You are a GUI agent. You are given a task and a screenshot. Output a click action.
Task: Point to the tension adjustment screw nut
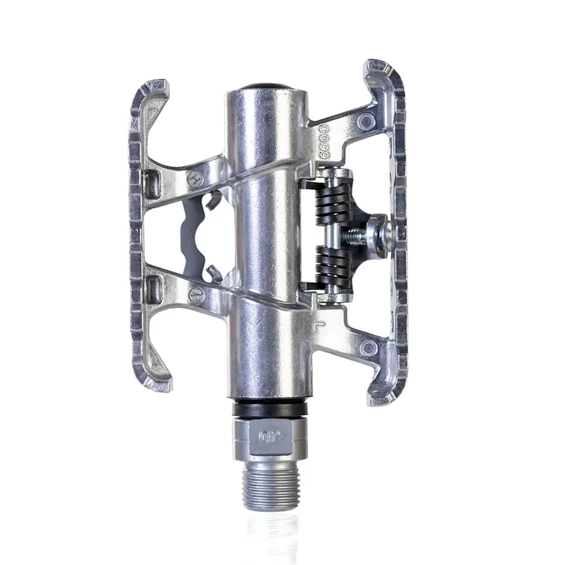click(379, 235)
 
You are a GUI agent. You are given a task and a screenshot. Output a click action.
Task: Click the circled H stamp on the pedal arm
click(196, 179)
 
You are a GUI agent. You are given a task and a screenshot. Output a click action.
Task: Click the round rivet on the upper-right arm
click(366, 121)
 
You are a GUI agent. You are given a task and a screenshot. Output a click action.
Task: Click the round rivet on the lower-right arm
click(367, 347)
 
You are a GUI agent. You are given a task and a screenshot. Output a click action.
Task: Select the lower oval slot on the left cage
click(152, 288)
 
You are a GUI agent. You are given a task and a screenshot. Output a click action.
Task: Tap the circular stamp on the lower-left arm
click(196, 295)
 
